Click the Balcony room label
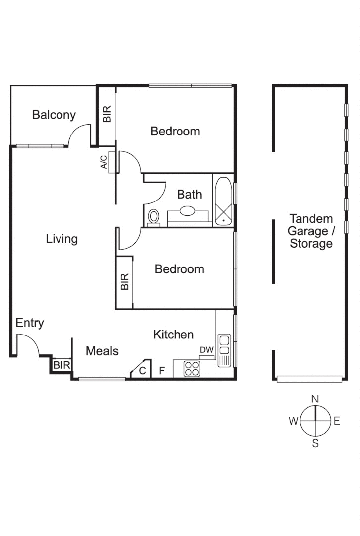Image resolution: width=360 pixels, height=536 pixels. pos(54,115)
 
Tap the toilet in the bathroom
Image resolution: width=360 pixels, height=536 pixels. pos(154,217)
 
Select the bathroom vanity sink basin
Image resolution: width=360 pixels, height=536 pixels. pos(187,211)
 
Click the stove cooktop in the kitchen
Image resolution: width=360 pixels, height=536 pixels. pos(192,368)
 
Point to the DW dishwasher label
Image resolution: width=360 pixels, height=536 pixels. pos(206,350)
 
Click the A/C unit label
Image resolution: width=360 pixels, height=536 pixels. pos(104,162)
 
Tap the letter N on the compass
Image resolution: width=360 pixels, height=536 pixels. pos(315,399)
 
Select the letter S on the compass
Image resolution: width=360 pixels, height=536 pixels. pos(315,444)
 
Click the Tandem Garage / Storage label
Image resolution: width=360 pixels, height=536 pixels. pos(311,231)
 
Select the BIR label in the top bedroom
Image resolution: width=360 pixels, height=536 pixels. pos(107,114)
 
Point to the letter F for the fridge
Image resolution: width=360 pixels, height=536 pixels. pos(161,370)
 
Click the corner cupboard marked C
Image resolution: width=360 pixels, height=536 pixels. pos(142,370)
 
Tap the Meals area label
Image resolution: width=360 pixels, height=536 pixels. pos(102,351)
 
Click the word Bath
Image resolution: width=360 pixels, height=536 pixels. pos(189,194)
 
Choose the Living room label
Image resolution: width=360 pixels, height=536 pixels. pos(62,239)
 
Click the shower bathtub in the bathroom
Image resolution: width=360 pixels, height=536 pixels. pos(223,201)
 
